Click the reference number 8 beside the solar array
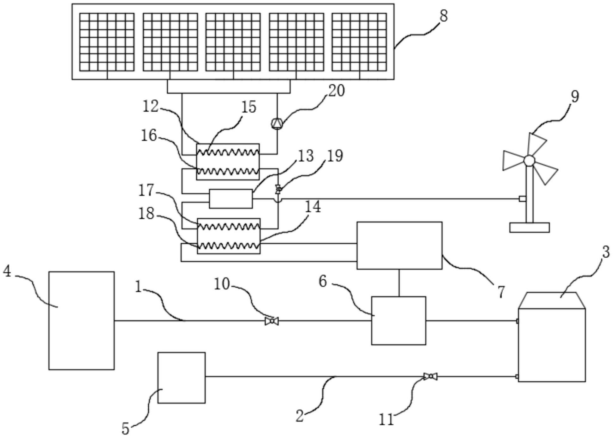tap(444, 16)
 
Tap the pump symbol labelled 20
tap(277, 123)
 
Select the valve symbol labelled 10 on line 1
tap(272, 321)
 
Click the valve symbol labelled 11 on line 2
tap(430, 376)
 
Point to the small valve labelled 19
tap(278, 190)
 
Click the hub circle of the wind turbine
tap(529, 160)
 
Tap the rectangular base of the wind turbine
tap(529, 228)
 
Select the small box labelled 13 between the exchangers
tap(231, 199)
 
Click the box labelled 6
tap(399, 321)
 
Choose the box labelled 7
tap(399, 246)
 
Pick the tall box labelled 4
tap(82, 320)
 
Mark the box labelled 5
tap(182, 378)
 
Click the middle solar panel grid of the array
tap(233, 42)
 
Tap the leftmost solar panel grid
tap(107, 42)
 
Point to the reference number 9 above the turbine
tap(575, 97)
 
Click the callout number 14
tap(313, 207)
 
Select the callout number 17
tap(146, 191)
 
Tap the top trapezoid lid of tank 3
tap(552, 300)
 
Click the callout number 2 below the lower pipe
tap(300, 416)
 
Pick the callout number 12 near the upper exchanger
tap(150, 106)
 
